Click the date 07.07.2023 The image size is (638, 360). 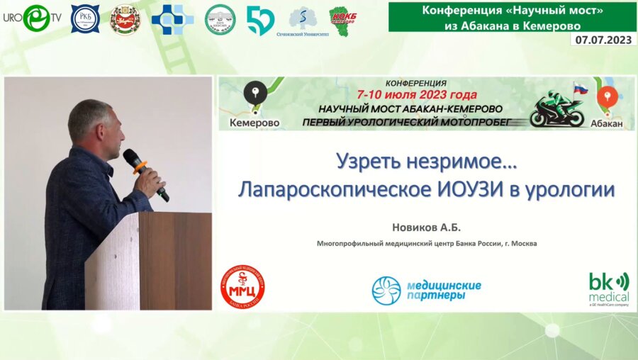pyautogui.click(x=603, y=40)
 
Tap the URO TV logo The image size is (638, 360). pyautogui.click(x=32, y=18)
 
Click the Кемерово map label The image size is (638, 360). pyautogui.click(x=254, y=123)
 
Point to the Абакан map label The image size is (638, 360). pyautogui.click(x=606, y=123)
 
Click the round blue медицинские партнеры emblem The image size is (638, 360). pyautogui.click(x=386, y=290)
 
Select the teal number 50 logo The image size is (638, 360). pyautogui.click(x=260, y=20)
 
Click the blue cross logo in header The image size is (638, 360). pyautogui.click(x=172, y=19)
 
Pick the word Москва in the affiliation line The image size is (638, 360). pyautogui.click(x=522, y=244)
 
